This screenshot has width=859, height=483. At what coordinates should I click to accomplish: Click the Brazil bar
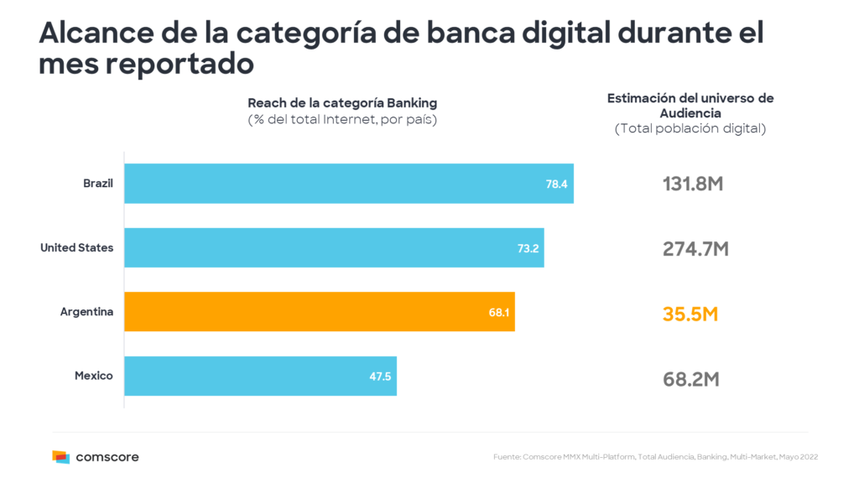348,183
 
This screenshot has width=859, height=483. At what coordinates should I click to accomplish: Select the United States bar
334,247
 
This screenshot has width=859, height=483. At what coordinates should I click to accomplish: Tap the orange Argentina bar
319,311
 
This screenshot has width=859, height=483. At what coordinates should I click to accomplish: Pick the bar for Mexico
260,376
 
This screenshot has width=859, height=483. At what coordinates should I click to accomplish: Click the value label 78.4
557,184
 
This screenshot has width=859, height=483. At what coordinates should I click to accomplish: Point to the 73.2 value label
528,248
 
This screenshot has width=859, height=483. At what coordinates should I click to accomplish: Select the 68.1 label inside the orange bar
498,312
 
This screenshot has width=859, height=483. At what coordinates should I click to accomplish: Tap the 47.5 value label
380,377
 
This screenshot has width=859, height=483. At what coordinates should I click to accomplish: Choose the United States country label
76,247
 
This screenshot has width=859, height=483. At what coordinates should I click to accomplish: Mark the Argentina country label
86,312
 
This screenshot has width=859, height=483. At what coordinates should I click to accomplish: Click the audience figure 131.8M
692,184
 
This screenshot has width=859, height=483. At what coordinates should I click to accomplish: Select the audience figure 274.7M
692,249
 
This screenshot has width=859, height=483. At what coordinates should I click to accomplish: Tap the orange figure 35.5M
690,314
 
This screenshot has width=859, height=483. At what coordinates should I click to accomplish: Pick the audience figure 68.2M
690,379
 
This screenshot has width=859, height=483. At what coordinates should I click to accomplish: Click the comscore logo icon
60,457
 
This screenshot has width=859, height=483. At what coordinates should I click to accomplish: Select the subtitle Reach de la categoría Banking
342,103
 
